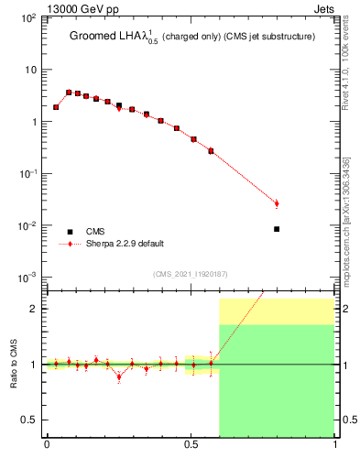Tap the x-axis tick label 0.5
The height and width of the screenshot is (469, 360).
point(191,446)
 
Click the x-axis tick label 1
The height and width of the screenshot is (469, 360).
point(334,446)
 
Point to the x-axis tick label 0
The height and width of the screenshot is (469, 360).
point(47,446)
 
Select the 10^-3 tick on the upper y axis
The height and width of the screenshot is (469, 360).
point(29,278)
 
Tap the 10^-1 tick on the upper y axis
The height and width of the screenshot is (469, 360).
point(29,174)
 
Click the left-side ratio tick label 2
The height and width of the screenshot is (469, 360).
point(35,309)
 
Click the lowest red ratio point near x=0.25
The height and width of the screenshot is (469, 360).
point(119,376)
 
